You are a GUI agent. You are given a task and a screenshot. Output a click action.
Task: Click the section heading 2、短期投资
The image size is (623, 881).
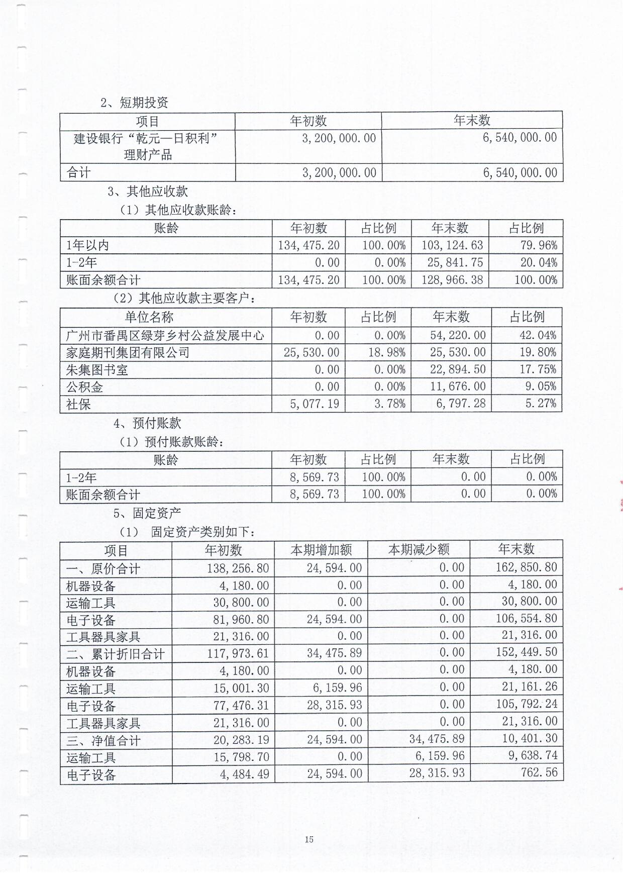tap(135, 103)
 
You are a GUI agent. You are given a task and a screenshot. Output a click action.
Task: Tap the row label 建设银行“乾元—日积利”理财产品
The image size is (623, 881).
tap(147, 146)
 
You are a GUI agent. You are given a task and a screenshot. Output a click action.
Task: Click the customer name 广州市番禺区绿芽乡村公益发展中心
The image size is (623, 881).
tap(165, 335)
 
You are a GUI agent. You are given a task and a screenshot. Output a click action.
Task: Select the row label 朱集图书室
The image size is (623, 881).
tap(97, 370)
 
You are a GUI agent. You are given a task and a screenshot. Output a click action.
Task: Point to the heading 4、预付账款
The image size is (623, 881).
tap(147, 423)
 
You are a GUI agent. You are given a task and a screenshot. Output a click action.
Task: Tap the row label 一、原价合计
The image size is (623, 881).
tap(103, 569)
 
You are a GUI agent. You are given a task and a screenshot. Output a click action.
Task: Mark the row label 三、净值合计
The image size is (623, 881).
tap(103, 740)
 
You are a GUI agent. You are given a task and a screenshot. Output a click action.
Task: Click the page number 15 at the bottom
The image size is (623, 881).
tap(309, 839)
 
